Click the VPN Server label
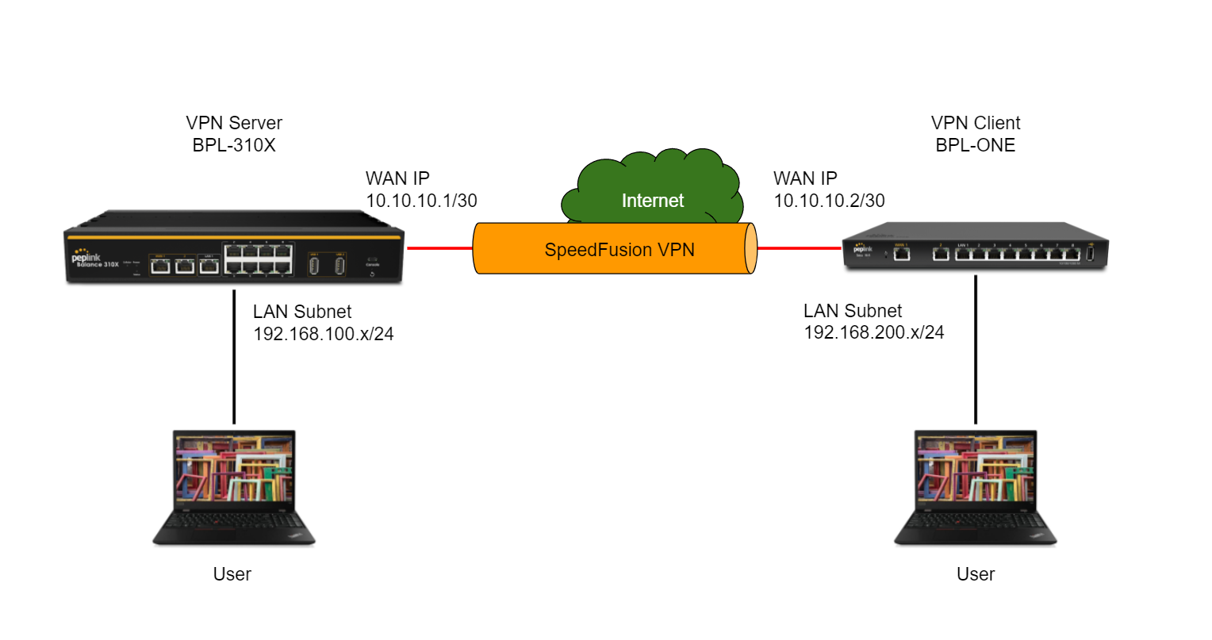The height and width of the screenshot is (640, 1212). pos(234,123)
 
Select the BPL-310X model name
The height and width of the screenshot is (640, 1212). pos(234,145)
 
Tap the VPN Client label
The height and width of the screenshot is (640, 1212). pos(976,123)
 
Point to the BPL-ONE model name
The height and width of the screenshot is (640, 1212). pos(976,145)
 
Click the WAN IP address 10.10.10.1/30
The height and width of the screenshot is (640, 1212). pos(421,201)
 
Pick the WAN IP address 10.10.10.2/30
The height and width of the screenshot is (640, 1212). pos(829,201)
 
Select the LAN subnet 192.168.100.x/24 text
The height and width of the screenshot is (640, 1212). pos(323,334)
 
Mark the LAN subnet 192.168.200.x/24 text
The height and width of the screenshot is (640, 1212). pos(874,332)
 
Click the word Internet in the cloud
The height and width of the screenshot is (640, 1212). pos(652,201)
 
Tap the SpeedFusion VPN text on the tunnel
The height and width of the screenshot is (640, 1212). pos(619,250)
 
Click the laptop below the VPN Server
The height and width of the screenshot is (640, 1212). pos(234,487)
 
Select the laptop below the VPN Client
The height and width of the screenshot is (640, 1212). pos(976,487)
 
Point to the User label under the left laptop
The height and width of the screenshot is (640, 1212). pos(232,574)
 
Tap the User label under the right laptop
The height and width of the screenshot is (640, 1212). pos(976,574)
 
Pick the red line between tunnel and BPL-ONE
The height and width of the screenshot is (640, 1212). pos(799,248)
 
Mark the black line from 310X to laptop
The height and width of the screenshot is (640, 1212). pos(234,357)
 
